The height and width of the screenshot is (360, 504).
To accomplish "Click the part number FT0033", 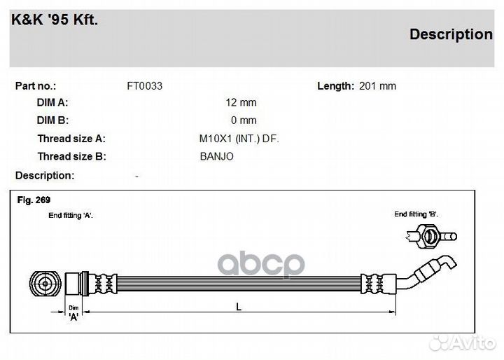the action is coord(145,86).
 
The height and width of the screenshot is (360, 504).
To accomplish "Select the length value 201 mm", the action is coord(377,86).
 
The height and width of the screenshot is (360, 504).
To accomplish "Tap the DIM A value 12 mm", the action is coord(241,102).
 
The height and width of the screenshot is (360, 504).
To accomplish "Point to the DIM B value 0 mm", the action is coord(244,120).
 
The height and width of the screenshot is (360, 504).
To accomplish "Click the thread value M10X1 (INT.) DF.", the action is coord(239,139).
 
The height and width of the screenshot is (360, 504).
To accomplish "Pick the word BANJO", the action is coord(216,156).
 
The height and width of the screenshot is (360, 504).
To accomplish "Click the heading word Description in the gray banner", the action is coord(451,34).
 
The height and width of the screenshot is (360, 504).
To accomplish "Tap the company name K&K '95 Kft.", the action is coord(55,20).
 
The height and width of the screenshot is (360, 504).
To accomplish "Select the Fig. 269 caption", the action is coord(34,200).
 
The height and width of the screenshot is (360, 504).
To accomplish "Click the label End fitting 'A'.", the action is coord(71,215).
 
